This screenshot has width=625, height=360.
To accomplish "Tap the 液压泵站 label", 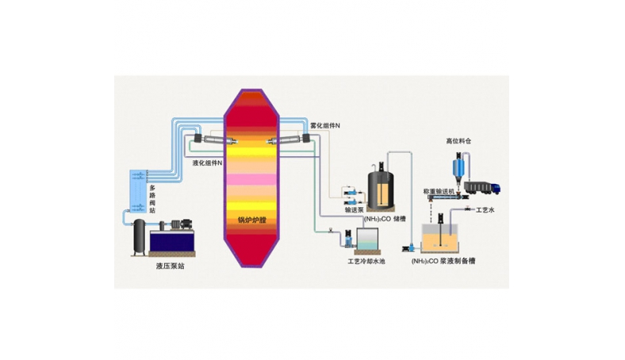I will pyautogui.click(x=171, y=266).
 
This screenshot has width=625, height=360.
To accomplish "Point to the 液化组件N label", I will pyautogui.click(x=208, y=163).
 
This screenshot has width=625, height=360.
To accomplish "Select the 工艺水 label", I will pyautogui.click(x=483, y=211).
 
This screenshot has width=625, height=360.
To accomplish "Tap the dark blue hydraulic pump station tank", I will pyautogui.click(x=168, y=238).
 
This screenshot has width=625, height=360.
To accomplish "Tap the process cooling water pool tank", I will pyautogui.click(x=367, y=239).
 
